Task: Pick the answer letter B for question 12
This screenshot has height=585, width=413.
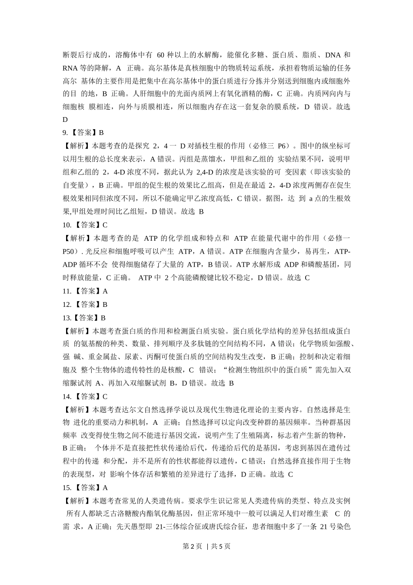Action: point(105,304)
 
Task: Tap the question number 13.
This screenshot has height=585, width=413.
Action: point(67,318)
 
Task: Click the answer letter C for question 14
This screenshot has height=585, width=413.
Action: point(105,397)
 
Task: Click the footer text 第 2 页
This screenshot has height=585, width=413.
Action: point(193,547)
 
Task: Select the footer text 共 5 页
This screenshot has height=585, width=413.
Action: point(220,547)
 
